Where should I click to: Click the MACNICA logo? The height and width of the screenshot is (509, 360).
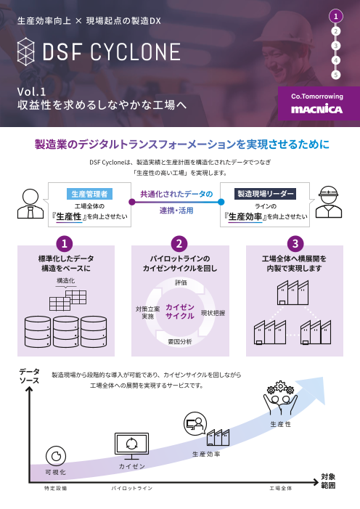pos(316,109)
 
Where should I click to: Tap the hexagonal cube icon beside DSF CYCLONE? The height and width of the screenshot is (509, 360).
pos(26,52)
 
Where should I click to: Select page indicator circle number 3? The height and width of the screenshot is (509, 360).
pos(336,46)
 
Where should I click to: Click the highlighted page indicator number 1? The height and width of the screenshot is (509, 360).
pos(336,16)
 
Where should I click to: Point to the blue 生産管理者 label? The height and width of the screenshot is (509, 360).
pos(89,194)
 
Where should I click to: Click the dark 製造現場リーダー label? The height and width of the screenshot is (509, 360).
pos(265,194)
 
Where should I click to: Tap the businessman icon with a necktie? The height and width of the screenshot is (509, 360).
pos(30,204)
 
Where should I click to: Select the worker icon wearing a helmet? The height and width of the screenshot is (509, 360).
pos(329,202)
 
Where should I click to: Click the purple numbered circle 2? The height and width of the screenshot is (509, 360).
pos(179,244)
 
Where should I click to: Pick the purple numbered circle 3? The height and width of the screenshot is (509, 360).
pos(295,244)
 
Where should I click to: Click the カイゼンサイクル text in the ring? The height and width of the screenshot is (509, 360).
pos(180,311)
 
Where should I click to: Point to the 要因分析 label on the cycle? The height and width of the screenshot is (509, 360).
pos(180,341)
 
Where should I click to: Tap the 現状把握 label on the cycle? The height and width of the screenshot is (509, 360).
pos(213,313)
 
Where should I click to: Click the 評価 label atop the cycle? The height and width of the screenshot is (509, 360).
pos(181,282)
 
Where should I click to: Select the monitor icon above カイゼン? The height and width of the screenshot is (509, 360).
pos(132,446)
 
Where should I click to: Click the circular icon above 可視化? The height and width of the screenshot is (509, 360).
pos(56,456)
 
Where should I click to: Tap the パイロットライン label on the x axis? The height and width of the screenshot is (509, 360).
pos(132,488)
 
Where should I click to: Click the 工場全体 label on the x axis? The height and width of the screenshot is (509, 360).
pos(281,488)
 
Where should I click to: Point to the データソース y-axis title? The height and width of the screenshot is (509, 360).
pos(29,376)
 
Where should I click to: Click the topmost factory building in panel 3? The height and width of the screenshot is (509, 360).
pos(292,293)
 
